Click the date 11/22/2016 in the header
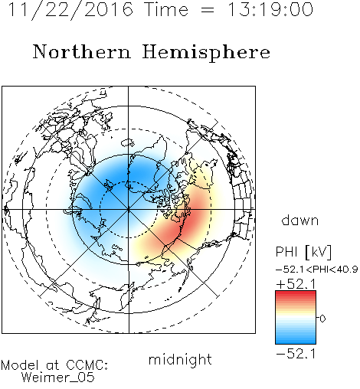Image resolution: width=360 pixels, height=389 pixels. pos(70,10)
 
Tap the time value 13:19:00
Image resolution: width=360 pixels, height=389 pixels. pos(270,10)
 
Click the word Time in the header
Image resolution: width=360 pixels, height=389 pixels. pos(166,10)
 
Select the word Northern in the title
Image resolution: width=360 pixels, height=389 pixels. pos(82,52)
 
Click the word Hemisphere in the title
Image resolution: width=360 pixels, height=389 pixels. pos(206,53)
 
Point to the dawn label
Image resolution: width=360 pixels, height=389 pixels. pos(300,220)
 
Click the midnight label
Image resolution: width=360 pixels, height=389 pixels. pos(180,360)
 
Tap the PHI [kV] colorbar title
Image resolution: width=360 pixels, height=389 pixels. pos(303,252)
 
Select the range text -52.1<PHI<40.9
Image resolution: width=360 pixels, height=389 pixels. pos(316,270)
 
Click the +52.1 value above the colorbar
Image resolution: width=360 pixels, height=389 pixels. pos(296,284)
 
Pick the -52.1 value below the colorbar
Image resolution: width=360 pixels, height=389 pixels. pos(296,354)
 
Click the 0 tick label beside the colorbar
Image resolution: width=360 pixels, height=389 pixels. pos(322,319)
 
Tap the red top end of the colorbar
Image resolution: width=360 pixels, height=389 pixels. pos(296,293)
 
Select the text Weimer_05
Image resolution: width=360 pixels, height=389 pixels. pos(57,378)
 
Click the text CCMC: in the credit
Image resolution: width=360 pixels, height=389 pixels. pos(87,365)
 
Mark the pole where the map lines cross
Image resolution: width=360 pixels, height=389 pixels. pos(129,209)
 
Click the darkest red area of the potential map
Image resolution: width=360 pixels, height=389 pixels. pos(193,216)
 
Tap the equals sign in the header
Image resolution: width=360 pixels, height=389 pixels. pos(208,10)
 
